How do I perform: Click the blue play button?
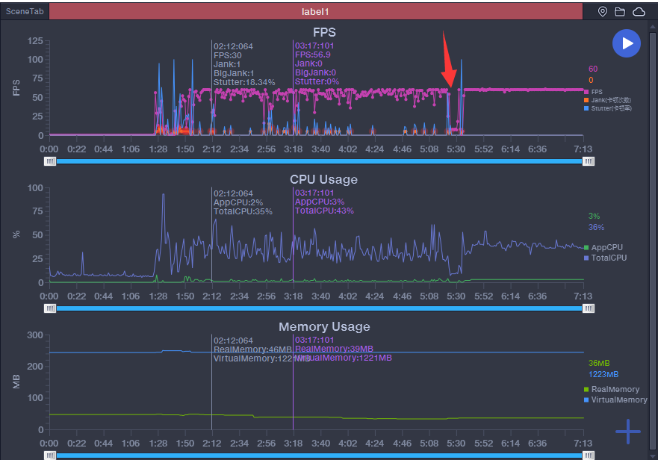(627, 43)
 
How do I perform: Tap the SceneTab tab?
(25, 11)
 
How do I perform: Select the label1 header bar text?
(315, 12)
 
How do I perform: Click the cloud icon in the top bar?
(639, 12)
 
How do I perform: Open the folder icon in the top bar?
(620, 12)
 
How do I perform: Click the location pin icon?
(603, 12)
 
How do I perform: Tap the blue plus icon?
(627, 432)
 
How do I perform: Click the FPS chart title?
(324, 32)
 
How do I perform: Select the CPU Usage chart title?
(323, 179)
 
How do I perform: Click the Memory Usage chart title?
(323, 326)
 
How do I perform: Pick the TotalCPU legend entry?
(609, 258)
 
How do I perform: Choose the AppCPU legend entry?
(606, 247)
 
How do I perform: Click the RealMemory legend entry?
(615, 389)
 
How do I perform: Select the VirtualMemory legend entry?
(618, 400)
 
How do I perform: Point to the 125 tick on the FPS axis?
(35, 41)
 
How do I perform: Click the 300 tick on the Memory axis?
(35, 335)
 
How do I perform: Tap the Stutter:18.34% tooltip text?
(244, 82)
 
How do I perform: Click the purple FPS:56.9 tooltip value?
(313, 55)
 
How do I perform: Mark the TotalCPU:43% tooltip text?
(324, 211)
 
